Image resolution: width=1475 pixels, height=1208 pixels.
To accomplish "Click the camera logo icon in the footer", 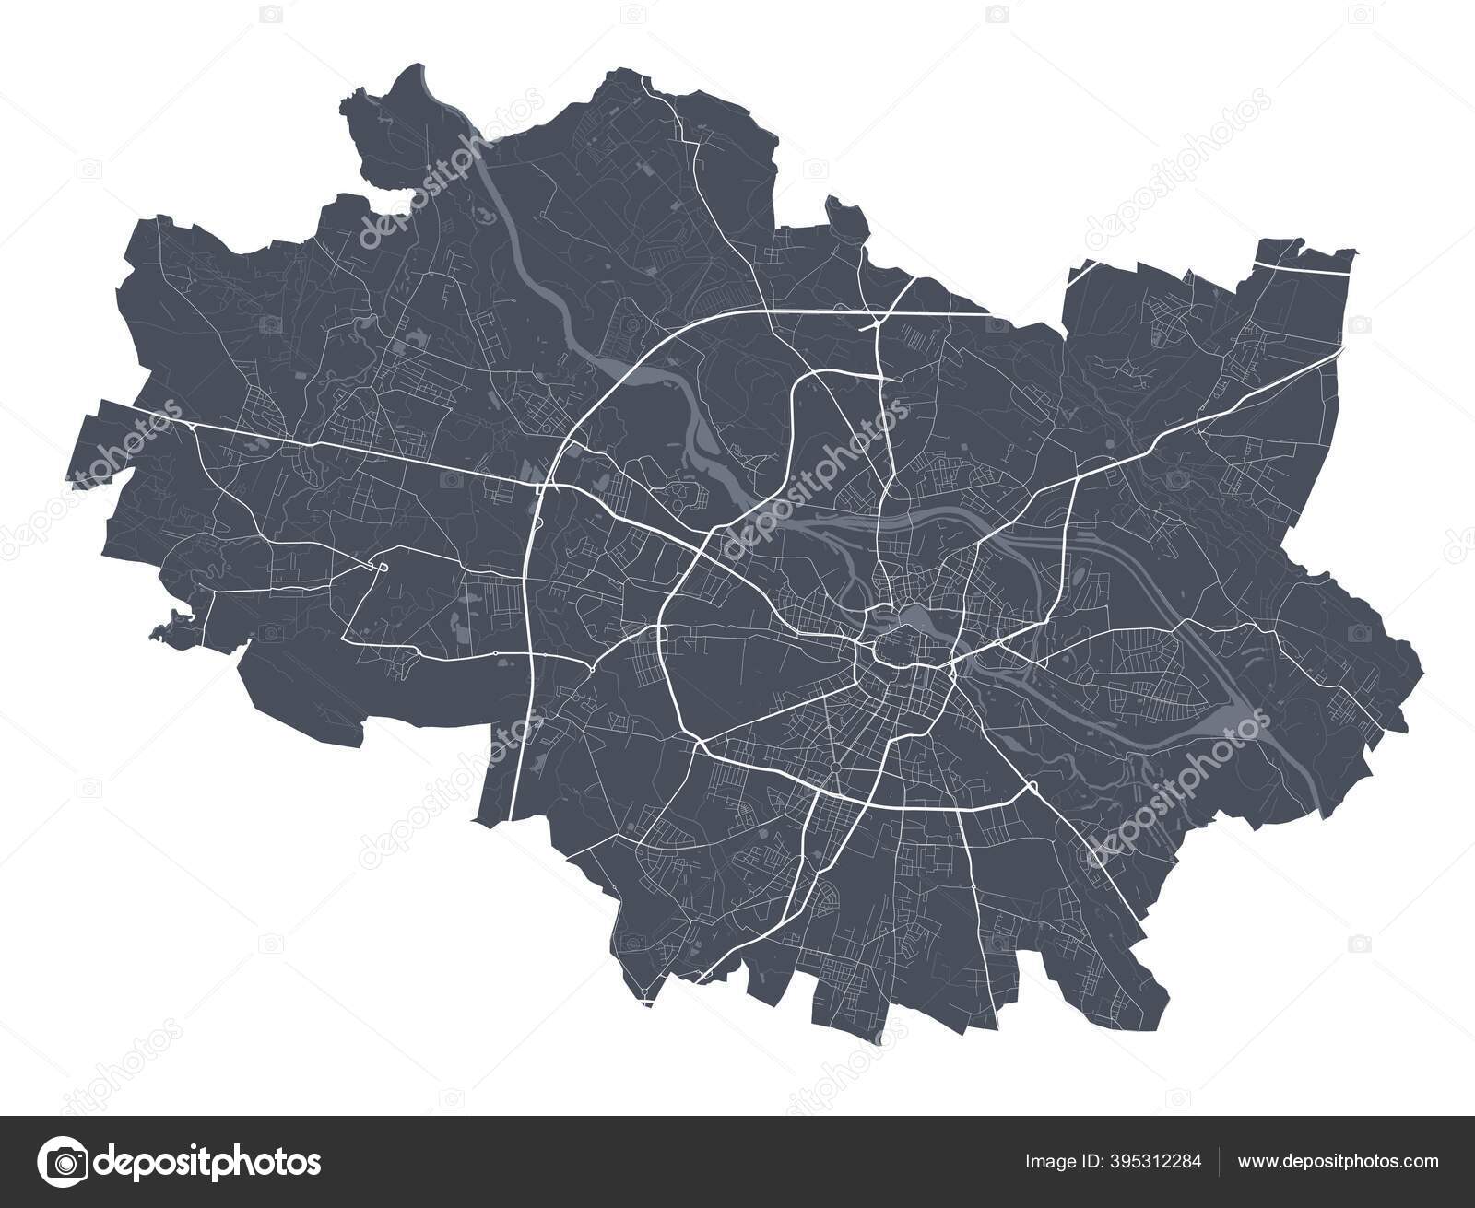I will pyautogui.click(x=66, y=1161).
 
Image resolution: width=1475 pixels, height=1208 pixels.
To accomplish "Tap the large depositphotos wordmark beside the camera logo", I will pyautogui.click(x=210, y=1162).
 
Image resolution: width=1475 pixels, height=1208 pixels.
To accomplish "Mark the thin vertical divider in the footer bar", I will pyautogui.click(x=1221, y=1161).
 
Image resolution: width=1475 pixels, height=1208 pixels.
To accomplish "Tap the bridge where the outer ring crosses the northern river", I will pyautogui.click(x=627, y=378).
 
